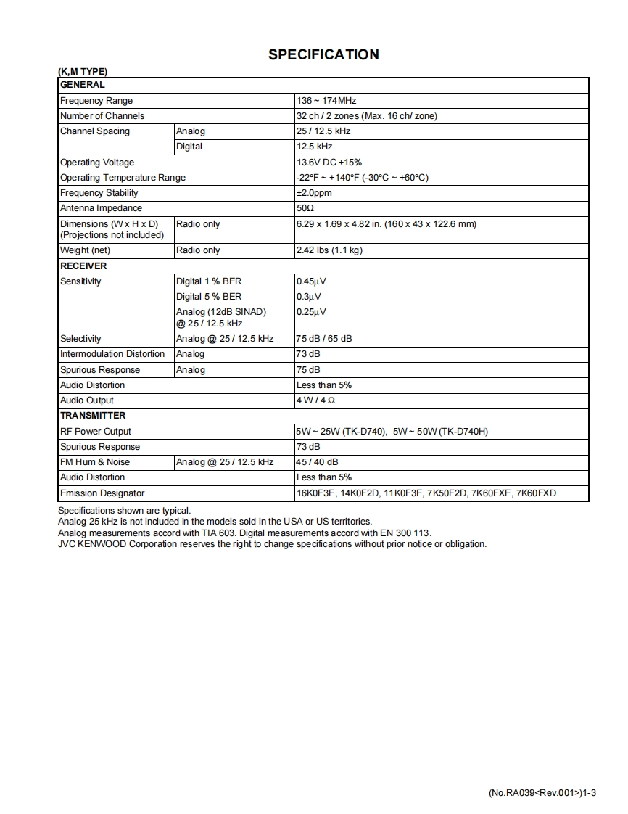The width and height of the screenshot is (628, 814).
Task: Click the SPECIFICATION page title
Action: (x=323, y=54)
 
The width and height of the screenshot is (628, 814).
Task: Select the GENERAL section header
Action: (x=83, y=85)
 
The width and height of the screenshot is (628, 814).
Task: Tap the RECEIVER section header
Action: (x=83, y=266)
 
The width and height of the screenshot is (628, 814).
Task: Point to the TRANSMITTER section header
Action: (x=93, y=416)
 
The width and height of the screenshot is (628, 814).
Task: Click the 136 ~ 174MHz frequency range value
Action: (x=326, y=101)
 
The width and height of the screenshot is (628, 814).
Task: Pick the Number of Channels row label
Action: (x=102, y=116)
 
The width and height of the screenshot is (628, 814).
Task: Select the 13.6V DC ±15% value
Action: (x=329, y=163)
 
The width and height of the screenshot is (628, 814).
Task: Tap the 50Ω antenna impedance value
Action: (x=305, y=208)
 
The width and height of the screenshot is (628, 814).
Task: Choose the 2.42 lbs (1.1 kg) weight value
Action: (x=329, y=250)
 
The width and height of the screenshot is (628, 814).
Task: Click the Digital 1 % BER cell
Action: (x=209, y=281)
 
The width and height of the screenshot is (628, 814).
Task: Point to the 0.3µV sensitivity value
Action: (x=308, y=297)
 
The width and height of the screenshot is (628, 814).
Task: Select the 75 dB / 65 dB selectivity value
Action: (x=324, y=339)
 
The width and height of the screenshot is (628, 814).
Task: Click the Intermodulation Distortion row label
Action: (x=112, y=354)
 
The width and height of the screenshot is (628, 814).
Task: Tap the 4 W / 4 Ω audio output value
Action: (x=315, y=400)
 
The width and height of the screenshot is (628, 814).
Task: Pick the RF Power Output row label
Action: (x=96, y=432)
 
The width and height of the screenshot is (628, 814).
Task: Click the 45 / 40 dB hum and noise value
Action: (x=317, y=462)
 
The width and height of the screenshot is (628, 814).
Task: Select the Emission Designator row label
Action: (x=102, y=493)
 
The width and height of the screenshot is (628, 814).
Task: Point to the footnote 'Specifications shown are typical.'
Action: (x=124, y=511)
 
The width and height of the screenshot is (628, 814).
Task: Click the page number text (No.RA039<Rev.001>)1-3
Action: (x=542, y=793)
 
